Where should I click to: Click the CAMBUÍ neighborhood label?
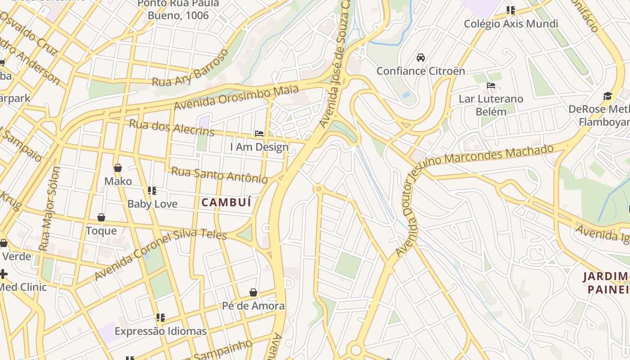tap(226, 202)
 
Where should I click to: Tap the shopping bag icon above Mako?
tap(118, 168)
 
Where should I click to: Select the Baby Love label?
tap(153, 204)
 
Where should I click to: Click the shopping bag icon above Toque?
tap(101, 218)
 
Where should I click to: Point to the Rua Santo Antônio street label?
tap(219, 175)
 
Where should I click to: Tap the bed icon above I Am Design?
tap(259, 134)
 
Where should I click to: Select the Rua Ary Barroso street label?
tap(190, 68)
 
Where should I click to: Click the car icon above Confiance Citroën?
tap(421, 58)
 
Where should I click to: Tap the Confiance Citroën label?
tap(421, 71)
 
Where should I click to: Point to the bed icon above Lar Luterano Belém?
tap(491, 85)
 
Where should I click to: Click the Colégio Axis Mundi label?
tap(511, 23)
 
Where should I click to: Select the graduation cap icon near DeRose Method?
tap(608, 96)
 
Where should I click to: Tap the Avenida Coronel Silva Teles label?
tap(160, 252)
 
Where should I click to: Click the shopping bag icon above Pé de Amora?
tap(253, 293)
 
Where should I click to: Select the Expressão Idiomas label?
tap(161, 331)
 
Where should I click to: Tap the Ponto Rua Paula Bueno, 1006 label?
tap(179, 9)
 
